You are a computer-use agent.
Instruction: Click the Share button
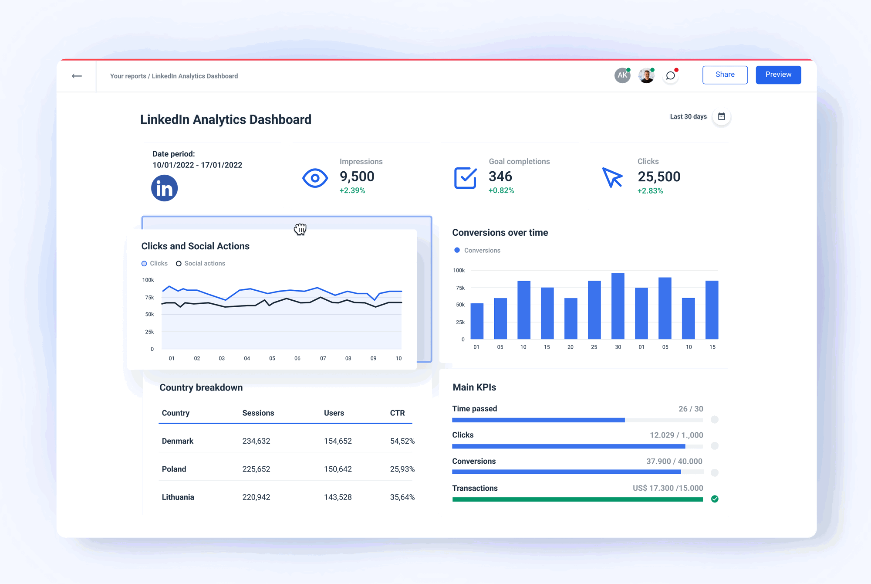[725, 75]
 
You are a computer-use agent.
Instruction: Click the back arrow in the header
[77, 76]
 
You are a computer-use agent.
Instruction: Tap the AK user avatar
[622, 75]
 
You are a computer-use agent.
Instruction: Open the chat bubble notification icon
[671, 75]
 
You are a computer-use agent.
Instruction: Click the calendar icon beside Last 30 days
[722, 116]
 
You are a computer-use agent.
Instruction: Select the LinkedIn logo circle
[164, 188]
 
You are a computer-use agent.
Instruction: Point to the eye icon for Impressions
[315, 178]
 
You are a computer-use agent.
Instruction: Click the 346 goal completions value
[500, 177]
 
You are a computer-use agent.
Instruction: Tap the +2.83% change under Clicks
[650, 191]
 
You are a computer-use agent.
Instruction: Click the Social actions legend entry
[201, 263]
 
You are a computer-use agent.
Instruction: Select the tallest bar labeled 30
[618, 306]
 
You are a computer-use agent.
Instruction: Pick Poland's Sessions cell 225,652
[256, 469]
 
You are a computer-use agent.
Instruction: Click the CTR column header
[397, 413]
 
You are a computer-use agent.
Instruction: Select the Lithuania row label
[178, 497]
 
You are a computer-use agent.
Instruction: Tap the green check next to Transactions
[715, 499]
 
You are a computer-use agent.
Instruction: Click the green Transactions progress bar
[577, 499]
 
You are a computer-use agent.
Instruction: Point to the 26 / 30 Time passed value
[691, 409]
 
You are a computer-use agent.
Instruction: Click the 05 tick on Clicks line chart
[272, 358]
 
